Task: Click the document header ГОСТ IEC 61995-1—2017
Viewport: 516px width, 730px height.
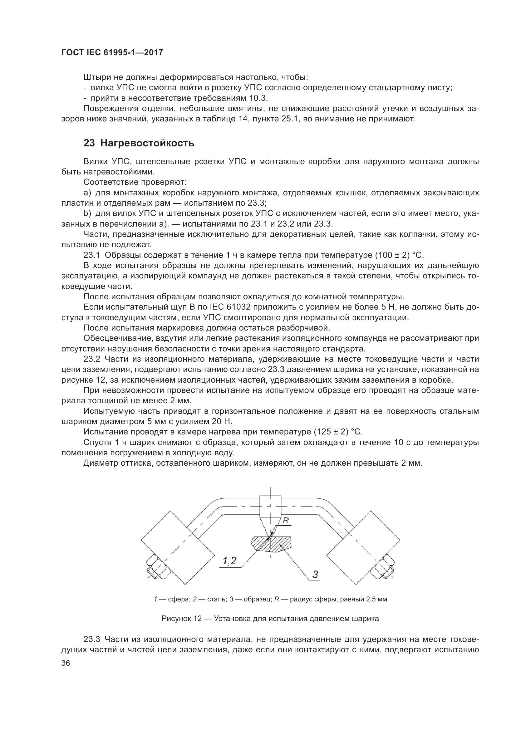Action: point(112,53)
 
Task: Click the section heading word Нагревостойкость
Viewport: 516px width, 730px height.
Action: point(147,143)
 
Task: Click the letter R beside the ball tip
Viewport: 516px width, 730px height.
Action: point(286,521)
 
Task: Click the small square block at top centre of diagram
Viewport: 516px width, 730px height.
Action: point(270,506)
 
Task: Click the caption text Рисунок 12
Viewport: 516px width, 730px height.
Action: point(182,619)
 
